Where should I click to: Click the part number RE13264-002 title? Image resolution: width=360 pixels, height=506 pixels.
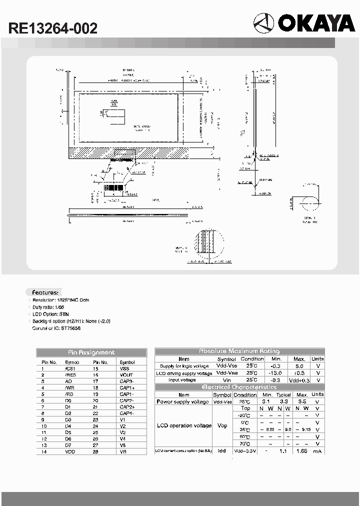tap(52, 28)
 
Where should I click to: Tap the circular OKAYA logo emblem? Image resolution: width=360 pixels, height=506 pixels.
tap(263, 23)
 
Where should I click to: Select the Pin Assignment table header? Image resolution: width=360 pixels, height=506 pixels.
tap(91, 352)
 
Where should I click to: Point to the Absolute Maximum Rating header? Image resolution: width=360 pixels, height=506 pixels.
tap(239, 351)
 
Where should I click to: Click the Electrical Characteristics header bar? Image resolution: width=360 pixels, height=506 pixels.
tap(239, 387)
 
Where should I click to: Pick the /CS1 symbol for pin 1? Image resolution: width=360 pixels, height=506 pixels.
tap(69, 368)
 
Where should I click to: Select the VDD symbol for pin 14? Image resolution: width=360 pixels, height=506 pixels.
tap(69, 451)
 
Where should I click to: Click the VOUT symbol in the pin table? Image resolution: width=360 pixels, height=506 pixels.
tap(126, 374)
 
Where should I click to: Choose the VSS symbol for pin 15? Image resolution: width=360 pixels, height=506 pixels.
tap(124, 368)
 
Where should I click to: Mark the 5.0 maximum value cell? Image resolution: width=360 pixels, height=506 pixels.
tap(299, 366)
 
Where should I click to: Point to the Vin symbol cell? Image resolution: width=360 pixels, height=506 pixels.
tap(223, 380)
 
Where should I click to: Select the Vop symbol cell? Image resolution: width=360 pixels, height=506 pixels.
tap(222, 425)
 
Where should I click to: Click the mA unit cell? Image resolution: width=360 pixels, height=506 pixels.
tap(317, 451)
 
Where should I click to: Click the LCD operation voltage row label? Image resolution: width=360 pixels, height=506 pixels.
tap(184, 425)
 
